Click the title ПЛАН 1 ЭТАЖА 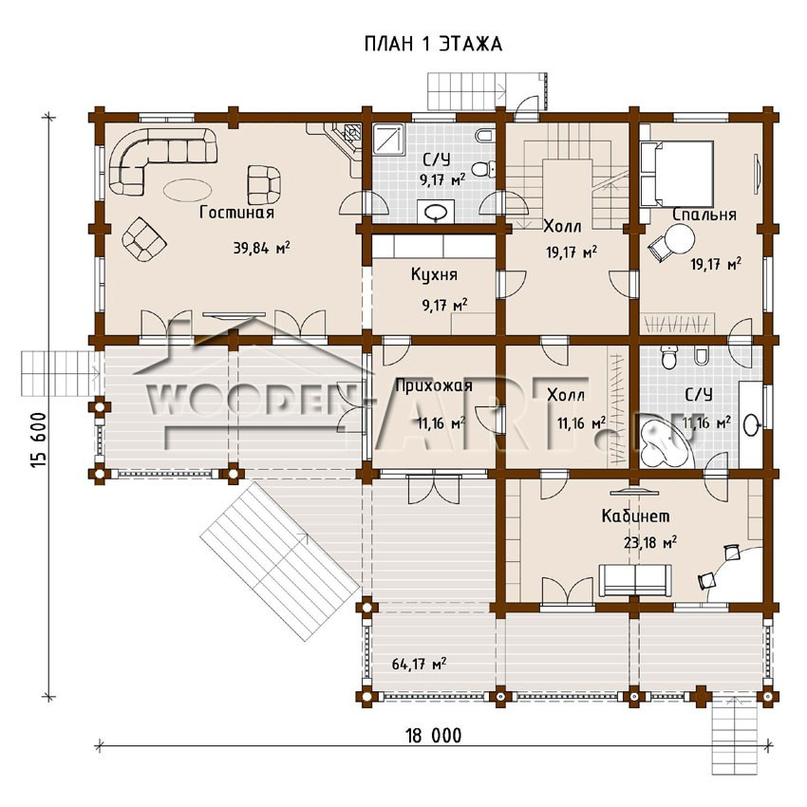point(433,44)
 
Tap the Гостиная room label point(236,212)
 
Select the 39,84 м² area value point(261,248)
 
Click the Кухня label point(434,274)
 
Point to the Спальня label point(704,215)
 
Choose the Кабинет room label point(635,516)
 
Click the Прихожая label point(434,385)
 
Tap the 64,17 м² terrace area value point(419,664)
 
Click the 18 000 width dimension point(434,736)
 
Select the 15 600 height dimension point(39,440)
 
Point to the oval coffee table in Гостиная point(187,189)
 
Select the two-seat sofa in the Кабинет point(635,580)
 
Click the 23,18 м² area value point(650,542)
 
